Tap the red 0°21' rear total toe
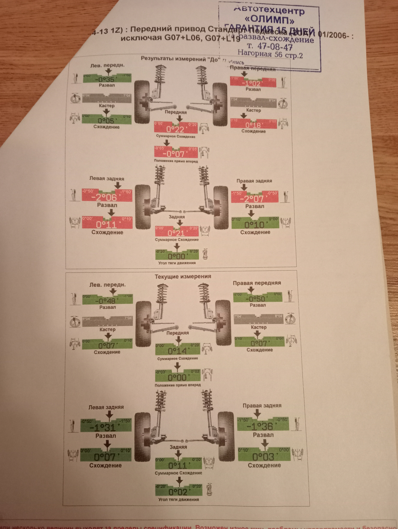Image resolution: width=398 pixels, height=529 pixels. pos(176,233)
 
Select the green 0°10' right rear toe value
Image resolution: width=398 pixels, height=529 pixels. pos(255,225)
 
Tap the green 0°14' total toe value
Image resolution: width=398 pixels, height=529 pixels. pos(178,351)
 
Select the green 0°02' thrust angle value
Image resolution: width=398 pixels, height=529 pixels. pos(178,492)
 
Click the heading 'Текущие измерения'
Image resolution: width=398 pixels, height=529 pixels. pos(183,276)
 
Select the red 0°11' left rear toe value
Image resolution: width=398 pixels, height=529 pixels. pos(107,225)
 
